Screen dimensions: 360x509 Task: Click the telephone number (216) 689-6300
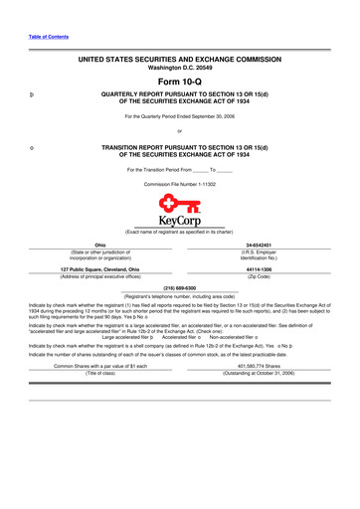(179, 288)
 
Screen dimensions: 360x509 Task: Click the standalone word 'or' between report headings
(179, 132)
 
